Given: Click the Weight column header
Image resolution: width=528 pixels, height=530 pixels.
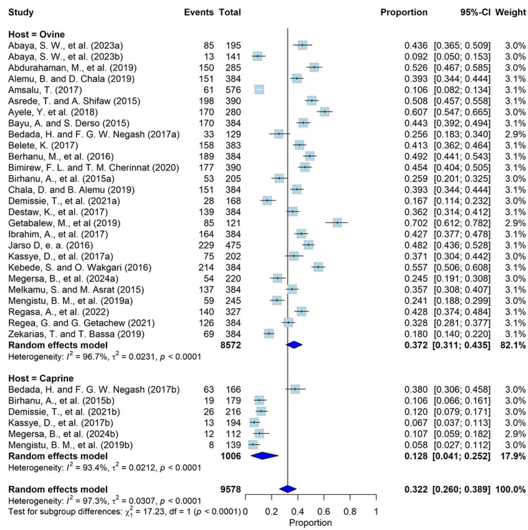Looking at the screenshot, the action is (510, 12).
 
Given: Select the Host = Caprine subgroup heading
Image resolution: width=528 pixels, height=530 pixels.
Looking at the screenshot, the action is (41, 378).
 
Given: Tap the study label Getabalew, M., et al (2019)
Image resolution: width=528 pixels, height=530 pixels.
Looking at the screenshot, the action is (64, 223).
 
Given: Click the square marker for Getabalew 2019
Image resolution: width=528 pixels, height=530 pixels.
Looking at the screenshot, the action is (337, 223).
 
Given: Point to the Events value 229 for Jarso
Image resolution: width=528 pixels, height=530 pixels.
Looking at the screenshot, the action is (206, 245).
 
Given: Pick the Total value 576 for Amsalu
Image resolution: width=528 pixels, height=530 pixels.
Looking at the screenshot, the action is (233, 90).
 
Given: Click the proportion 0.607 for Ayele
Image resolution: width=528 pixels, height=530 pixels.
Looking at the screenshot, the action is (416, 112).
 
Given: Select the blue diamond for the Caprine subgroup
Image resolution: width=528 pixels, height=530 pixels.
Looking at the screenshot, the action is (264, 456).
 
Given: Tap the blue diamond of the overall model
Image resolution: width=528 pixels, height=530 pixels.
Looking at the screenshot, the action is (288, 489).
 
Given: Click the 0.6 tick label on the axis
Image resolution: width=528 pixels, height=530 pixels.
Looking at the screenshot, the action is (324, 511).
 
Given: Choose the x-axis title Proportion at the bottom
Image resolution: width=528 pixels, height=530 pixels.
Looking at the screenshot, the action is (311, 523).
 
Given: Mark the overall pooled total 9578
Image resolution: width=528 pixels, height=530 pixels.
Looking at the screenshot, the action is (230, 489).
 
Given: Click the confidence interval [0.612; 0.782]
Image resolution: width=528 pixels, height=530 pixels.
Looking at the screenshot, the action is (462, 223).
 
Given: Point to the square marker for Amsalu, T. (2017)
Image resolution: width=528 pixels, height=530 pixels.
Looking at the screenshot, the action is (259, 90).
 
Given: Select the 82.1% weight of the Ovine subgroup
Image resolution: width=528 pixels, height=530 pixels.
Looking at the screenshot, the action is (513, 345).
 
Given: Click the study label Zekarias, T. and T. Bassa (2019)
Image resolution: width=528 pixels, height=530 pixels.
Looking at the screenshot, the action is (76, 334).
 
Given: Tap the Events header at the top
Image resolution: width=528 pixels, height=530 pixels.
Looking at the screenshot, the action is (199, 12).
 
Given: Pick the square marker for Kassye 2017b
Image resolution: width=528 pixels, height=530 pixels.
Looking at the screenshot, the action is (254, 422).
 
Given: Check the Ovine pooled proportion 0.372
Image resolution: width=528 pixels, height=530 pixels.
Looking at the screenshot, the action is (416, 345).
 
